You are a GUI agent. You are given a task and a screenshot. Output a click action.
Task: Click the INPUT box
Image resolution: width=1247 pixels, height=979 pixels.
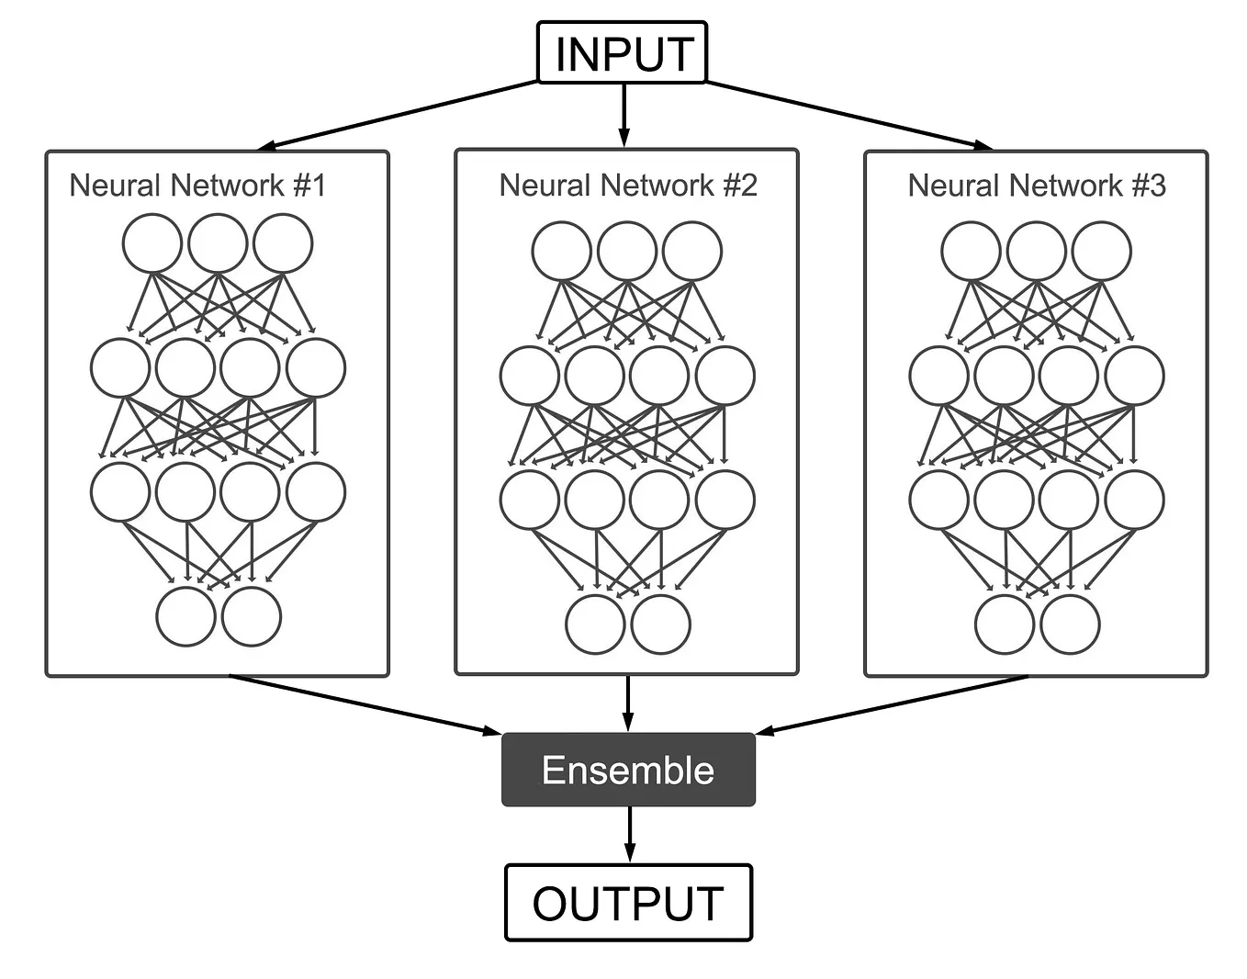(x=622, y=53)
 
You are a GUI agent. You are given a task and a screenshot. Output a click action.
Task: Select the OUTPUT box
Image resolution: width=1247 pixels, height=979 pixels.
(x=628, y=903)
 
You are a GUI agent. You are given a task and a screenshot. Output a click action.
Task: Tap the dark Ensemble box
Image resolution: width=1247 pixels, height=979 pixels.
(x=628, y=770)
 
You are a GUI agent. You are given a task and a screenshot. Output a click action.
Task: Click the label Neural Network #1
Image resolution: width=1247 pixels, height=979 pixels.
(x=197, y=186)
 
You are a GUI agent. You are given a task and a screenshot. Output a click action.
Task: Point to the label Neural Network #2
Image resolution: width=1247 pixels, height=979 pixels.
(x=628, y=186)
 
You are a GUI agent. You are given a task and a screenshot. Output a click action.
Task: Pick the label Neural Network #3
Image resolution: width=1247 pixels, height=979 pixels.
(x=1037, y=186)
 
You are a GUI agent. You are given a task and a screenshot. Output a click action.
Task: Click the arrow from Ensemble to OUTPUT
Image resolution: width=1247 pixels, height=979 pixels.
(x=629, y=834)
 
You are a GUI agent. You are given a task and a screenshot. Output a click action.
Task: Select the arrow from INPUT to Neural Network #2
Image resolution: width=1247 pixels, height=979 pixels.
(x=624, y=115)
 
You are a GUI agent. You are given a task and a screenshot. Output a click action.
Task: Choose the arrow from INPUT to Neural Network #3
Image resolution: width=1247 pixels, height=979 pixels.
(x=849, y=116)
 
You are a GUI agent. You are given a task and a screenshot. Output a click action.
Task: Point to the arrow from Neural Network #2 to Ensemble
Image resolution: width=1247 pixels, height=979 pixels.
(x=628, y=703)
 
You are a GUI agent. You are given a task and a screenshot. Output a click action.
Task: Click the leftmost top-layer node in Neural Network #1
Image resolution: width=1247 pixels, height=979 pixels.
(x=152, y=243)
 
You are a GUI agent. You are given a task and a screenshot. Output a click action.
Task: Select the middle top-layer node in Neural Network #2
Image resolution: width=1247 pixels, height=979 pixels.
(x=627, y=251)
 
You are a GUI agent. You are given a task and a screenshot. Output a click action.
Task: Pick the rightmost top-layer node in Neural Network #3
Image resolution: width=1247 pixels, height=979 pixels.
(x=1102, y=251)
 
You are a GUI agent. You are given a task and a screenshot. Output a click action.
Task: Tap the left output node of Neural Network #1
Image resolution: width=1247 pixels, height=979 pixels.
(x=185, y=616)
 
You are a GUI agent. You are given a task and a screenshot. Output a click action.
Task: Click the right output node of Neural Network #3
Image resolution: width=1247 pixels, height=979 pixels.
(x=1070, y=624)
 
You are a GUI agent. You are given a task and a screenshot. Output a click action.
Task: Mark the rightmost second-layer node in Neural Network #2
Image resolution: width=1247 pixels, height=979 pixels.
(x=725, y=376)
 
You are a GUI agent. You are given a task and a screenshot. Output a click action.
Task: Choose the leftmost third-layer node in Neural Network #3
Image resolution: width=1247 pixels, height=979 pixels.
(x=938, y=500)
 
